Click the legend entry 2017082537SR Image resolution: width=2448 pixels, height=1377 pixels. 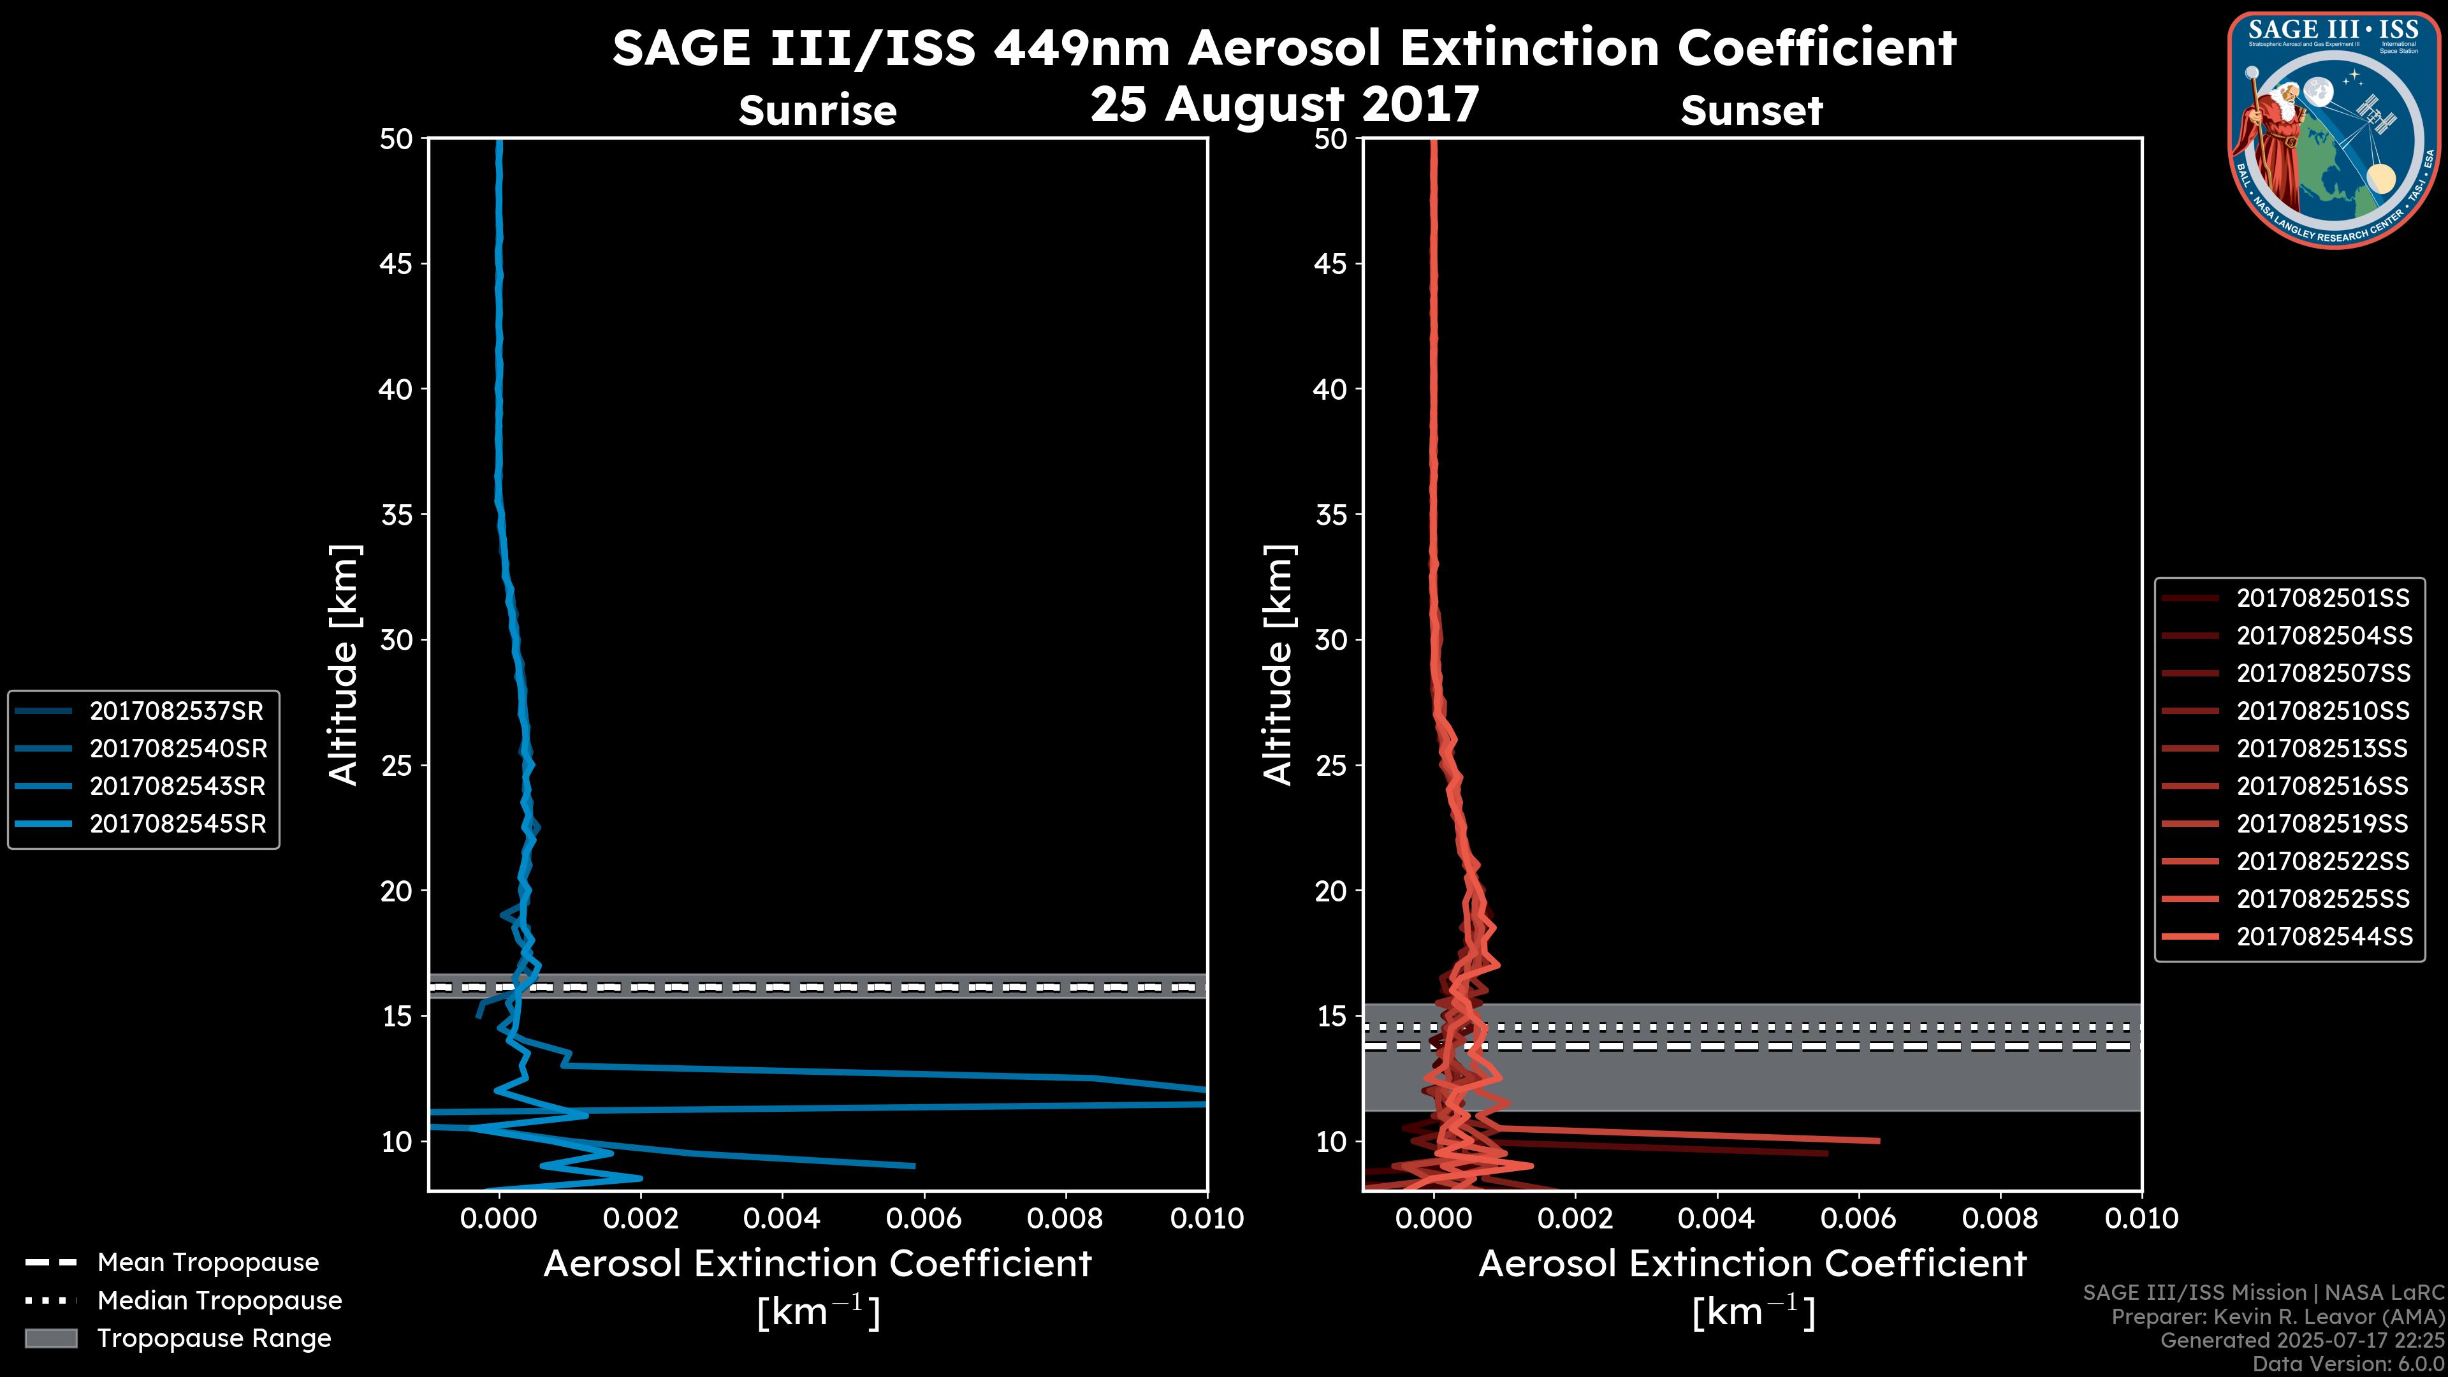176,711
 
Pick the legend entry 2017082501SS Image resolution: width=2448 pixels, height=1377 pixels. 2322,598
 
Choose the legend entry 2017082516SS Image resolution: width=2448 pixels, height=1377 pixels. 2322,786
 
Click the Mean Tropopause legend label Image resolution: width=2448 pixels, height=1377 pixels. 208,1262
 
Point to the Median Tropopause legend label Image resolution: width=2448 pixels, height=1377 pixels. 219,1300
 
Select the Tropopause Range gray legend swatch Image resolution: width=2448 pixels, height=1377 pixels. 50,1338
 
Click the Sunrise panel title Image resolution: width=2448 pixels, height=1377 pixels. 817,110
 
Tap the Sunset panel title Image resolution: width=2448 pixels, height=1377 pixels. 1751,110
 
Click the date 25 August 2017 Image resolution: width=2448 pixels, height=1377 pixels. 1284,103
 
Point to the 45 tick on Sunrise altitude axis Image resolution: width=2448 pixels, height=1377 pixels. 395,263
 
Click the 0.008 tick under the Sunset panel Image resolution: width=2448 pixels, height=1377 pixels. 2000,1218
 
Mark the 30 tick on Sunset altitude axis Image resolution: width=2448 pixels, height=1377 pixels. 1330,639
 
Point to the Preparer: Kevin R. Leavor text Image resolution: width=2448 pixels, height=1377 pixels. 2277,1317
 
